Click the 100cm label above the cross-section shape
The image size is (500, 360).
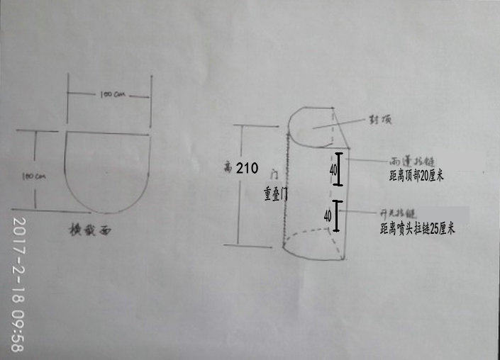pyautogui.click(x=109, y=93)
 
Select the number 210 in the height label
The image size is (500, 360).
pyautogui.click(x=246, y=168)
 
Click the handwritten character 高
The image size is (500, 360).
pyautogui.click(x=228, y=168)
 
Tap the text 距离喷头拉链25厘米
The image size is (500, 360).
pyautogui.click(x=416, y=228)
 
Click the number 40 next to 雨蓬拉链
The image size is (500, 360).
pyautogui.click(x=333, y=170)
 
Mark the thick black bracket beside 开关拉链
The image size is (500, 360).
pyautogui.click(x=337, y=216)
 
